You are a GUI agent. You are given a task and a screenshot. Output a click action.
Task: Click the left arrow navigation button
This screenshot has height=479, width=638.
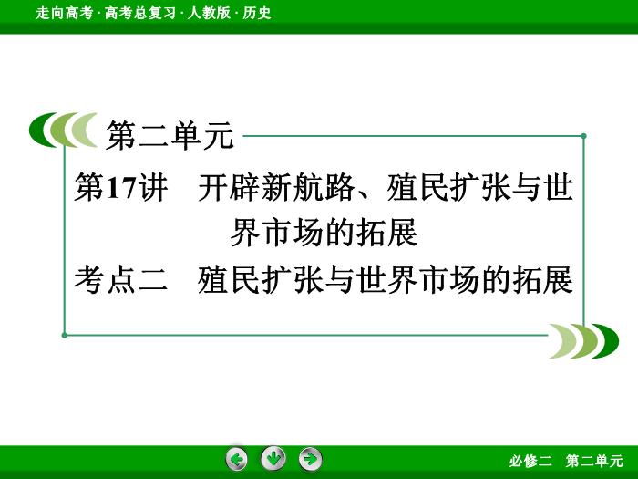(x=236, y=459)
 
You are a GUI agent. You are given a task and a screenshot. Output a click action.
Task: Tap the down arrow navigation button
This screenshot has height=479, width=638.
(x=273, y=458)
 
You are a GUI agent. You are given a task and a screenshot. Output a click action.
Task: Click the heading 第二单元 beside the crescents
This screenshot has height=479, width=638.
(x=170, y=136)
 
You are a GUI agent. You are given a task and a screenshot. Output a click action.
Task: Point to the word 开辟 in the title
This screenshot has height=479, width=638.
(x=229, y=187)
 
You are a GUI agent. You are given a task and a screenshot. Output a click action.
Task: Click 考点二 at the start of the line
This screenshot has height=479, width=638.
(x=121, y=279)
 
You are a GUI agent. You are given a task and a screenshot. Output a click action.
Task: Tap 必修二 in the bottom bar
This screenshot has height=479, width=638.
(x=530, y=461)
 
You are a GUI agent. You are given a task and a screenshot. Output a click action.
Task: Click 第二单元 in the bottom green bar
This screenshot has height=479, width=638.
(x=594, y=461)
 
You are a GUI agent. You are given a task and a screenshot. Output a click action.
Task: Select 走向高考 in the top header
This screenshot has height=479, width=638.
(x=64, y=13)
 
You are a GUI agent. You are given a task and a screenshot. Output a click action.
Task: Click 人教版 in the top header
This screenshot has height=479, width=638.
(x=209, y=13)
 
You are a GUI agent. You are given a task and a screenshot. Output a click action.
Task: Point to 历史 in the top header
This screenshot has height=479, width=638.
(x=257, y=13)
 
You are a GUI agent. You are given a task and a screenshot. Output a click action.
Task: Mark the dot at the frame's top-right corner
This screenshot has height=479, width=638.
(x=584, y=136)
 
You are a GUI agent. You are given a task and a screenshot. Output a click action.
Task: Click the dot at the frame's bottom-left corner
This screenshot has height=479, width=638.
(x=65, y=335)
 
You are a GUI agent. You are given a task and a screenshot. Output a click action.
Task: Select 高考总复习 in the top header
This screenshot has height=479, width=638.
(x=140, y=13)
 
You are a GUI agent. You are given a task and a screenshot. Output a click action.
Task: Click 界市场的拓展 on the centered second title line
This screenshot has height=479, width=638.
(x=324, y=233)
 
